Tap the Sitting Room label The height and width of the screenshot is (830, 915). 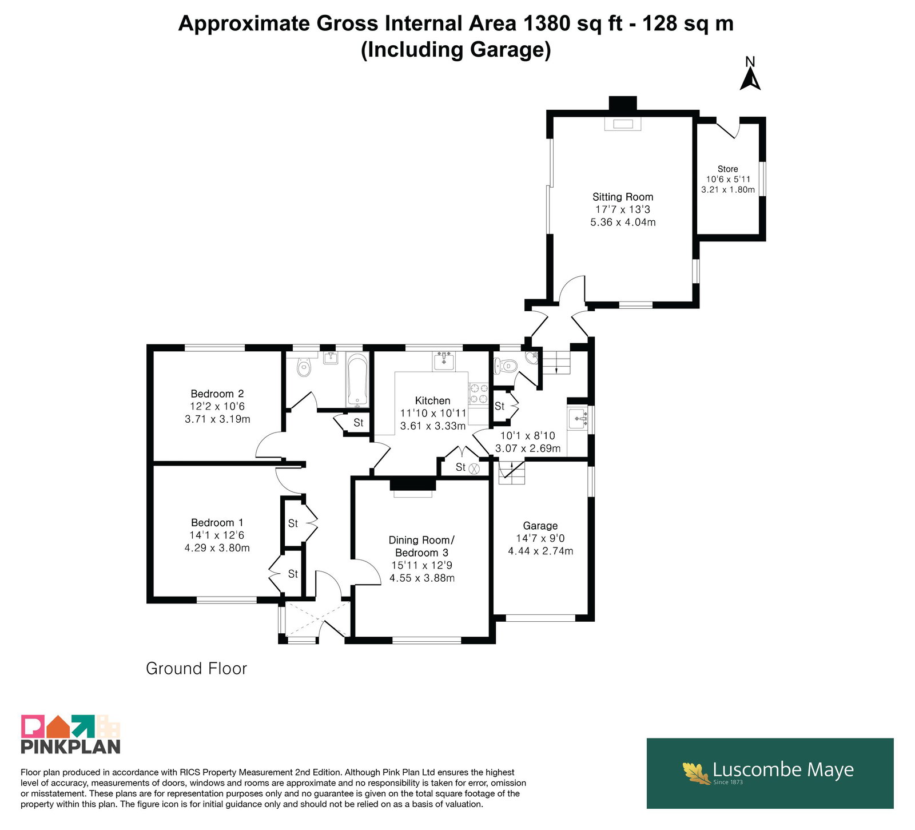623,197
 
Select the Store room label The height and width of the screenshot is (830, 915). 728,169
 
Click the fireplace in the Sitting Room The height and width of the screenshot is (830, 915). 623,123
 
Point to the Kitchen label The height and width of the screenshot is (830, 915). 433,400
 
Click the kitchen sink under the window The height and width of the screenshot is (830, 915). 444,361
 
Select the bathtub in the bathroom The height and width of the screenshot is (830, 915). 357,380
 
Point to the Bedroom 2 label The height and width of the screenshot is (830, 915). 217,394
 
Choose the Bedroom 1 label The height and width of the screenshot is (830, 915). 217,522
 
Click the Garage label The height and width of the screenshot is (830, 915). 540,526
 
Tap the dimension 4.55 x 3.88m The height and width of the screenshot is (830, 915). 422,578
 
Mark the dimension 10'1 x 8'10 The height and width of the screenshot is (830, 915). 528,435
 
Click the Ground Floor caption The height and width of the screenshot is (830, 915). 196,668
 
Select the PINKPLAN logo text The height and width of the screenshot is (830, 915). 71,746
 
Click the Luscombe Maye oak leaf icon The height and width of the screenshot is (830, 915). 697,773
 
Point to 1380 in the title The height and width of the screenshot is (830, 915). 546,23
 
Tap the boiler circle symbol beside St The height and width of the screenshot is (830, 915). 474,468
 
